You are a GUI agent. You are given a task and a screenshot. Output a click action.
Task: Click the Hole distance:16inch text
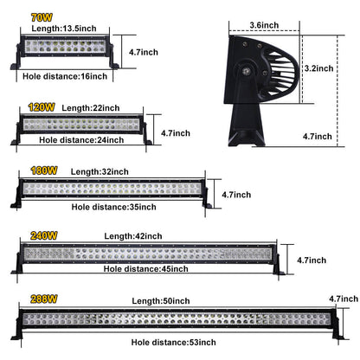[64, 76]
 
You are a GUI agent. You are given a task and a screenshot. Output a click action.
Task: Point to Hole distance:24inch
[82, 138]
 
